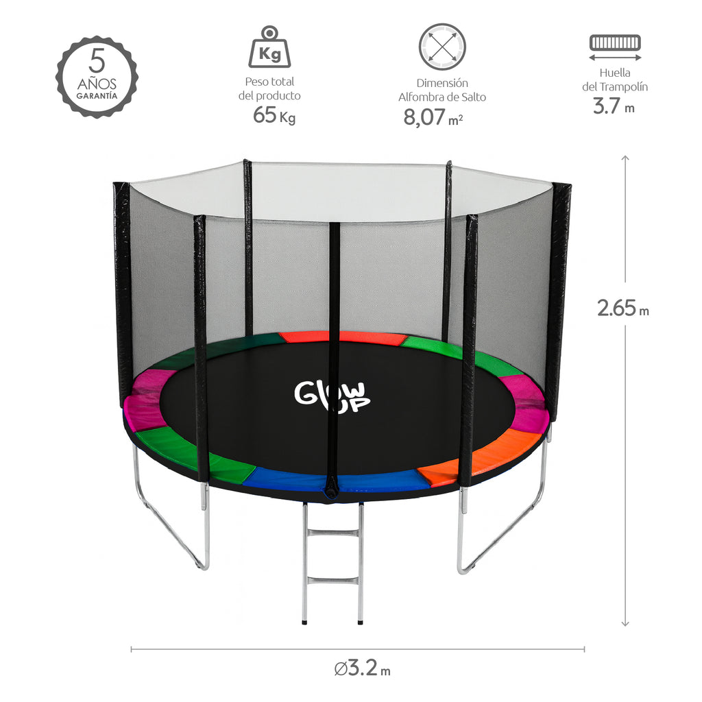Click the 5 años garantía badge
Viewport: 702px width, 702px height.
click(x=97, y=77)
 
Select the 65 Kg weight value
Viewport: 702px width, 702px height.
click(x=274, y=115)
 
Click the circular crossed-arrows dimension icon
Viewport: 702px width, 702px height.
click(x=442, y=47)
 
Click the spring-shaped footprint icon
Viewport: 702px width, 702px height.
click(x=615, y=43)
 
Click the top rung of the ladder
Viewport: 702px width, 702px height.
click(x=332, y=533)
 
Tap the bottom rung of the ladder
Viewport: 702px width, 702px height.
click(x=332, y=581)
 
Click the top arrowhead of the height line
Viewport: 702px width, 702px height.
click(x=625, y=158)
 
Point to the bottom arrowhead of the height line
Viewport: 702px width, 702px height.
click(x=625, y=623)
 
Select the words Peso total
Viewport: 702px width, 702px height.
click(x=269, y=82)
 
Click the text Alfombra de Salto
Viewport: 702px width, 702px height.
click(x=442, y=97)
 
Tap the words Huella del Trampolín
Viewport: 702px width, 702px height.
click(x=615, y=80)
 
